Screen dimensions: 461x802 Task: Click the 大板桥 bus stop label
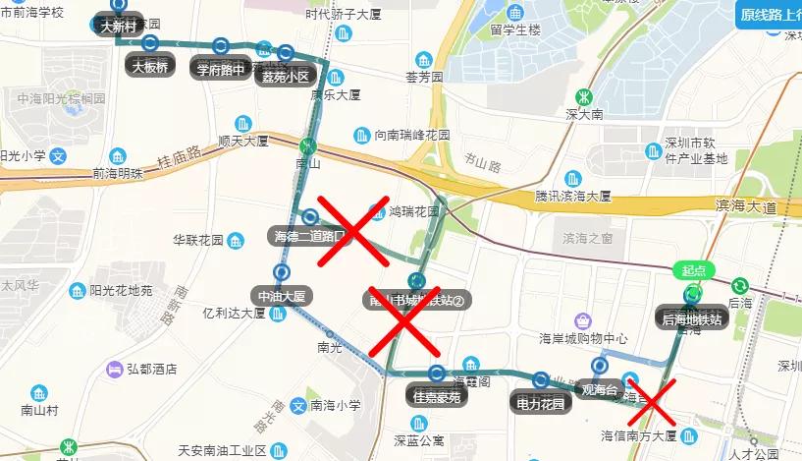[150, 67]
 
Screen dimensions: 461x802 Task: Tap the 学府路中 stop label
[220, 70]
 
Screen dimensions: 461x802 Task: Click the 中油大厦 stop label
[282, 295]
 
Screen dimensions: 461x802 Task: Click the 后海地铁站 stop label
[692, 318]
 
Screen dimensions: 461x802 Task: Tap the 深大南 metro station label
[583, 115]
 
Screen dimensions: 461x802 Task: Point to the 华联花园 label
[197, 240]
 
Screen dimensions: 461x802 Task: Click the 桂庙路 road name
[180, 157]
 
